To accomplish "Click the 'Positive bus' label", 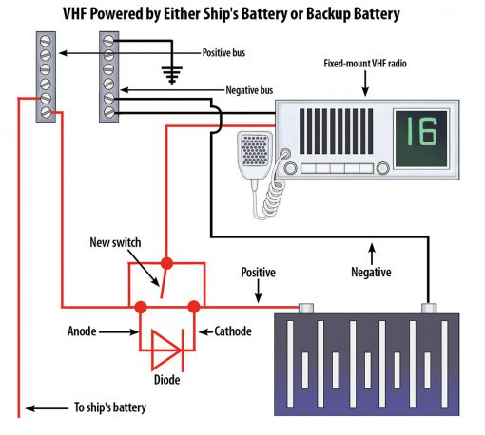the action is click(x=223, y=52).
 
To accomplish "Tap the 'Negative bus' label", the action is click(x=249, y=90).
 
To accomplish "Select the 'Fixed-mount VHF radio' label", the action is click(x=365, y=64).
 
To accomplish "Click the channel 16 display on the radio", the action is click(x=421, y=138).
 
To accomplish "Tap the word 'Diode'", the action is click(x=166, y=380).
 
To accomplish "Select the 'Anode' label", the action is click(x=82, y=331).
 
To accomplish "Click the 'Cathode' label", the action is click(x=233, y=331).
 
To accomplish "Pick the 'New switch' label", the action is click(x=115, y=242).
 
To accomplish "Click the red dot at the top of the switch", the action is click(x=166, y=263).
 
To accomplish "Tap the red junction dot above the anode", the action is click(x=141, y=307).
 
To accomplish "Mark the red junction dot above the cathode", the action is click(x=194, y=307).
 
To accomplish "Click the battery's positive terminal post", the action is click(x=306, y=308).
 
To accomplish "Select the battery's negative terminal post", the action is click(x=429, y=308).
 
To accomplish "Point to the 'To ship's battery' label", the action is click(x=110, y=407).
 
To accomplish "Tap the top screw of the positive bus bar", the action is click(x=46, y=41).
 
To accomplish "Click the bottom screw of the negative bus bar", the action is click(x=108, y=112).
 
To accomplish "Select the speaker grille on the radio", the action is click(x=336, y=131).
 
